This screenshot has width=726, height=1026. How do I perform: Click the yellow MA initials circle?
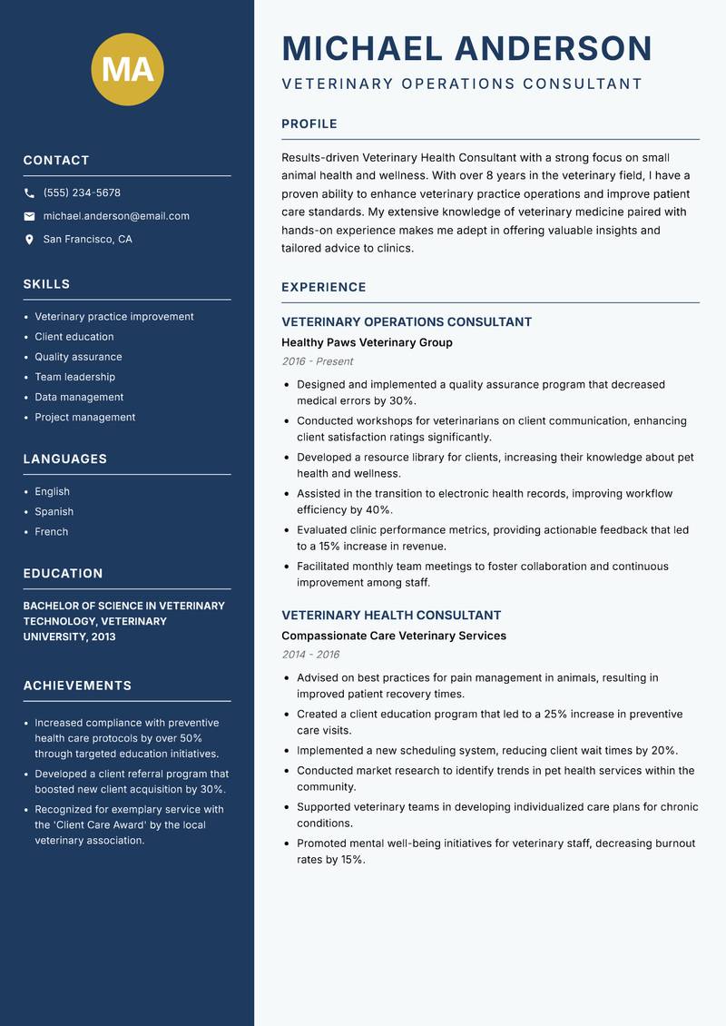click(127, 69)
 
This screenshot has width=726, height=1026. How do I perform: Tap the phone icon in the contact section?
click(29, 193)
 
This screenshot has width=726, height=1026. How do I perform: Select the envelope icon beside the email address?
click(29, 216)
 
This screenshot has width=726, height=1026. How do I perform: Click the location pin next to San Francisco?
click(29, 240)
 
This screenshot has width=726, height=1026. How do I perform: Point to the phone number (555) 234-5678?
click(82, 193)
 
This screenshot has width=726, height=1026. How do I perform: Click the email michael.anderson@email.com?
click(116, 216)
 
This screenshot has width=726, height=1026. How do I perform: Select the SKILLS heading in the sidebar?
click(46, 284)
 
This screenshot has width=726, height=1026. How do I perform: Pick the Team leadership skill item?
click(74, 377)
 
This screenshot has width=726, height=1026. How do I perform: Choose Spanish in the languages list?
click(54, 511)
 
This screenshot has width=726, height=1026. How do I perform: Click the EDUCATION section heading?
click(63, 574)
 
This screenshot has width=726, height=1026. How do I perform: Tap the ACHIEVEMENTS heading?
click(77, 686)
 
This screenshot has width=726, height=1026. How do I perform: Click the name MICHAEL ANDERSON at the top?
click(466, 49)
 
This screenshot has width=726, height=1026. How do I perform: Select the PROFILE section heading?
click(309, 124)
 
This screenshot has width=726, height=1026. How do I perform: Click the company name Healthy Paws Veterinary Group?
click(367, 342)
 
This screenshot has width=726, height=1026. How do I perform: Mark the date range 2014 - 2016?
click(310, 655)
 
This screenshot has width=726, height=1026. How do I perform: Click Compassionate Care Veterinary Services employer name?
click(393, 636)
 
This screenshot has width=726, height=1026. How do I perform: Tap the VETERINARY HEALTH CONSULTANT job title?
click(391, 615)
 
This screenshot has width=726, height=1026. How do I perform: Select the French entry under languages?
click(51, 532)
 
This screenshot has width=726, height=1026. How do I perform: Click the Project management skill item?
click(84, 417)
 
